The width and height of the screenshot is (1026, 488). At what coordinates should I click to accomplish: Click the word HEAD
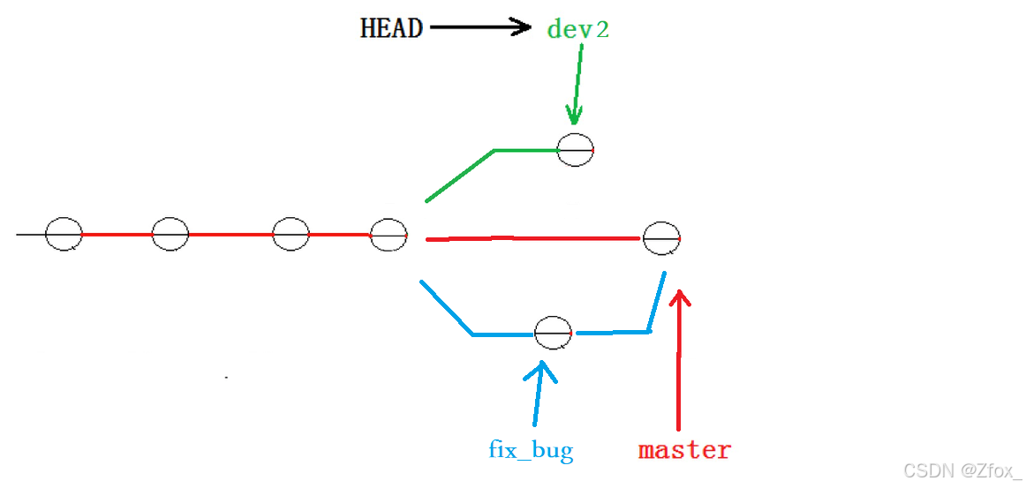coord(391,28)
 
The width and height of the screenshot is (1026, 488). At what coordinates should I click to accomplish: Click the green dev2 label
coord(578,29)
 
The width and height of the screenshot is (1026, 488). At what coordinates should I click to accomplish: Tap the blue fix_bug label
coord(531,450)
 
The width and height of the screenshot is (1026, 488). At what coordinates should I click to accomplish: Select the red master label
coord(684,450)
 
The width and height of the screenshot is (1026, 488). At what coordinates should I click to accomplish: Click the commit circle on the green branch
coord(575,150)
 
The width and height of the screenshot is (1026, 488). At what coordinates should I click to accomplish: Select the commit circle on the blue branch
coord(553,333)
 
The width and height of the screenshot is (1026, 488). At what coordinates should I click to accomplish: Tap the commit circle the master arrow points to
coord(661,238)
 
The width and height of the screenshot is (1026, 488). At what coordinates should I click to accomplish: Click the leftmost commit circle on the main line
coord(64,235)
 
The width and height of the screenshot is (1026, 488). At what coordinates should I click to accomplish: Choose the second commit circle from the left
coord(170,235)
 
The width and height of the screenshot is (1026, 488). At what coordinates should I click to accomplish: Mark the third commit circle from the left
coord(290,235)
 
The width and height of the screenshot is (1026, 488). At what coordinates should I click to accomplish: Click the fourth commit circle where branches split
coord(389,235)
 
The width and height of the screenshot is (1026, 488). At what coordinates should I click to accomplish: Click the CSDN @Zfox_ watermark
coord(962,471)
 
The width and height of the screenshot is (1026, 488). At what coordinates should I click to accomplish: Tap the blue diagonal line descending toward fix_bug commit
coord(446,307)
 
